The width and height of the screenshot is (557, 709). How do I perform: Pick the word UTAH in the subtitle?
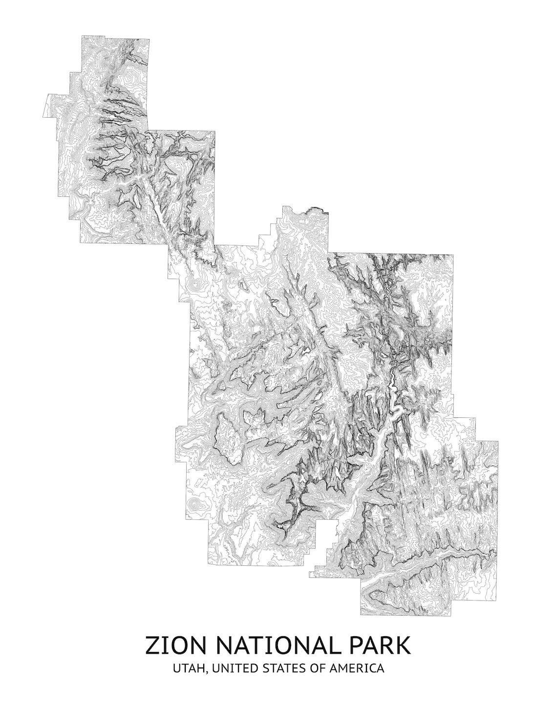pyautogui.click(x=187, y=668)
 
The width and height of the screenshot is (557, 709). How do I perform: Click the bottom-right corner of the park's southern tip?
pyautogui.click(x=459, y=614)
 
